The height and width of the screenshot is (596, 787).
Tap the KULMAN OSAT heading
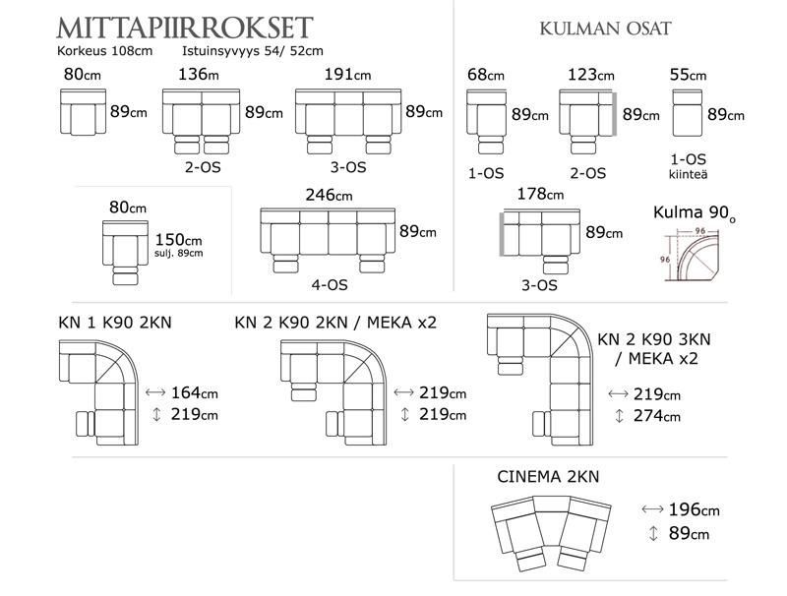pyautogui.click(x=606, y=29)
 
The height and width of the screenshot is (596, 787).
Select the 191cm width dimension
pyautogui.click(x=347, y=75)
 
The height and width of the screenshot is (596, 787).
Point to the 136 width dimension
pyautogui.click(x=200, y=75)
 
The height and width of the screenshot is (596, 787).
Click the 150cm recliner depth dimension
pyautogui.click(x=178, y=239)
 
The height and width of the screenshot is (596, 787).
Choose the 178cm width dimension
pyautogui.click(x=542, y=195)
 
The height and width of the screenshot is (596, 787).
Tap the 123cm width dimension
pyautogui.click(x=591, y=75)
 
